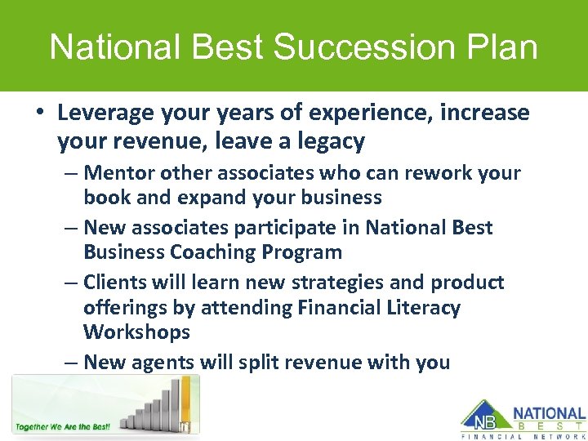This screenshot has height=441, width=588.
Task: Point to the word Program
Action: click(x=304, y=252)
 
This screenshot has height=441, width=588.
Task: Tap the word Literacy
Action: click(x=421, y=308)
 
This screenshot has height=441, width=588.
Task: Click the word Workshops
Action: click(x=136, y=332)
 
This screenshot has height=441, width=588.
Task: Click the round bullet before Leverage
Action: click(x=39, y=114)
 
